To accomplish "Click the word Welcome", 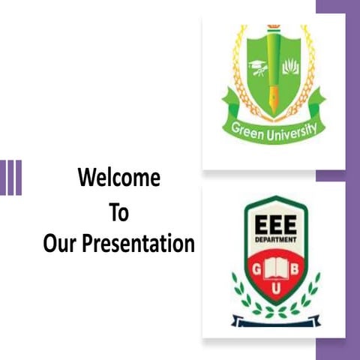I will (119, 178).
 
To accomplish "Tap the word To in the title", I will (119, 212).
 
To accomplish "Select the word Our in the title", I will (59, 244).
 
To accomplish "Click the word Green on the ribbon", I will (249, 132).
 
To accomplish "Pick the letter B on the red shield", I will (295, 269).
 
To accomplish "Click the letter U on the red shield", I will (275, 289).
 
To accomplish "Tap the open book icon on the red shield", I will (275, 267).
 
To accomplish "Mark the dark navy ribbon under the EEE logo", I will (275, 322).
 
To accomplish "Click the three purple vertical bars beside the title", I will (10, 178).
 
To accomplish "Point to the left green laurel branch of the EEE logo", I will (241, 295).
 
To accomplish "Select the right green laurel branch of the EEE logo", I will (308, 295).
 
